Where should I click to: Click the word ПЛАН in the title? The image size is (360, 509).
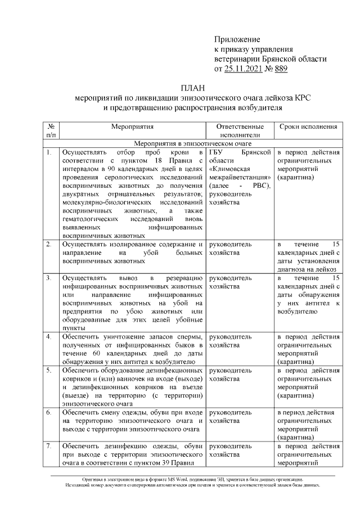coord(193,88)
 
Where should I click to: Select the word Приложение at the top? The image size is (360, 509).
coord(237,39)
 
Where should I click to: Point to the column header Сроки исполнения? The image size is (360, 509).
coord(308,127)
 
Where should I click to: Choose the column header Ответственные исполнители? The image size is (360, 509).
coord(240,131)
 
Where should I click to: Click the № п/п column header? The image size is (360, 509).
coord(51,131)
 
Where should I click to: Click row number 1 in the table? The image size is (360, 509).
coord(49,152)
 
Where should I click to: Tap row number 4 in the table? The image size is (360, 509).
coord(49,337)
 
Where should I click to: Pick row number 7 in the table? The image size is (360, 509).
coord(49,447)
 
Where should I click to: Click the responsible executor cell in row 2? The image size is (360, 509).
coord(240,249)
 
